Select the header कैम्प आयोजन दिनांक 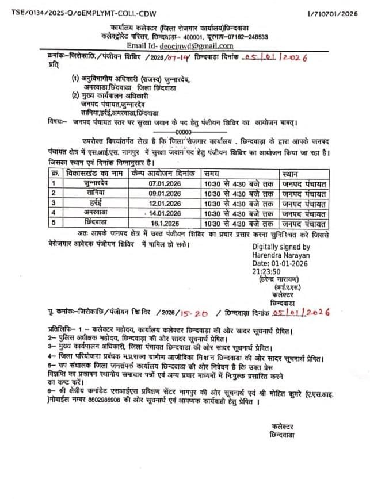[165, 173]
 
